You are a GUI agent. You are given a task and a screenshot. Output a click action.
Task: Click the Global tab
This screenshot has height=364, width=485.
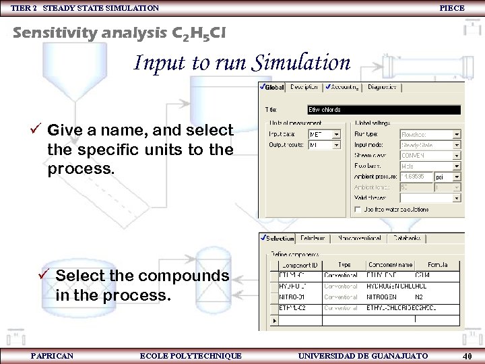(x=273, y=87)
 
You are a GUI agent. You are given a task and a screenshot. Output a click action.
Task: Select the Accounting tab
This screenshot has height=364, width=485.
(x=344, y=87)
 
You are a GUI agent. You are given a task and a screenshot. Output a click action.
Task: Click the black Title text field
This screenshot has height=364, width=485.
(x=384, y=109)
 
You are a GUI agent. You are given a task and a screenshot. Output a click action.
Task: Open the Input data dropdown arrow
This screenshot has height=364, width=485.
(x=344, y=134)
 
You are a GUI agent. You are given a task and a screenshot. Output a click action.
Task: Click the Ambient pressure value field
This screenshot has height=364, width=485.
(x=417, y=177)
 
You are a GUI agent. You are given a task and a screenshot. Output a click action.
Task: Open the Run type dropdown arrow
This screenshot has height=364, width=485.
(x=457, y=134)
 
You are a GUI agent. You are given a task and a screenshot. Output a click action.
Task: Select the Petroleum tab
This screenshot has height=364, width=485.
(x=313, y=238)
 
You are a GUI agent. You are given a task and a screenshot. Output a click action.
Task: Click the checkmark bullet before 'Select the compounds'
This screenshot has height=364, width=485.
(x=45, y=275)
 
